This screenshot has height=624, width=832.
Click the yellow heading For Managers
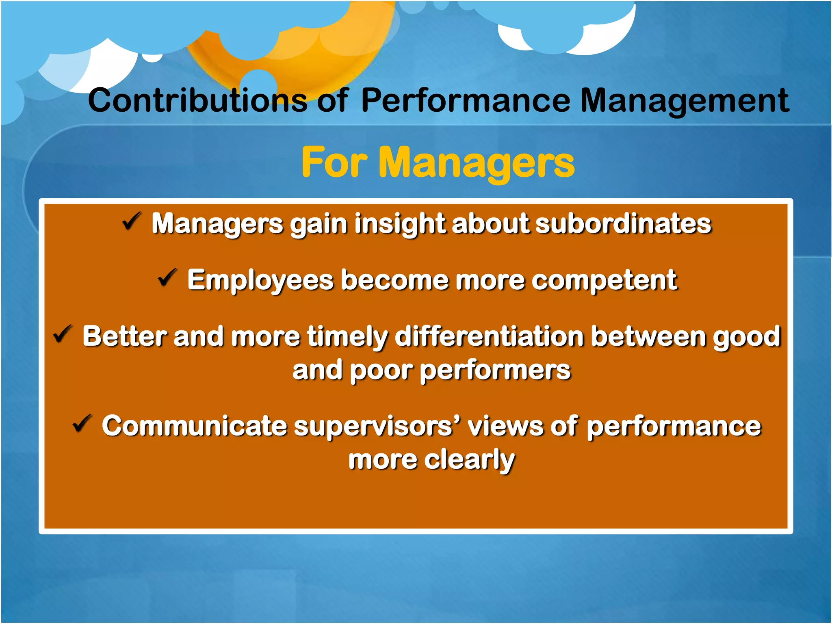coord(438,162)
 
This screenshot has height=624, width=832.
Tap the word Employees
coord(260,280)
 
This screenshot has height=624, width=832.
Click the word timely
coord(347,337)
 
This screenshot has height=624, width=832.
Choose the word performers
coord(495,370)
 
